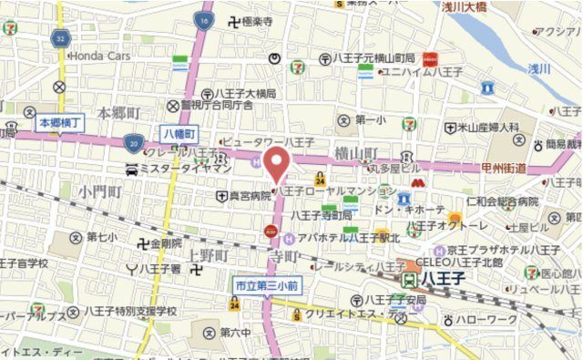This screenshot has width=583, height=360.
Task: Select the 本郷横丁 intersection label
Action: (x=59, y=121)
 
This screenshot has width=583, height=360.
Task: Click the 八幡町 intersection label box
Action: (x=179, y=133)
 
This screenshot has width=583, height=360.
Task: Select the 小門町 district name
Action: (x=100, y=191)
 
